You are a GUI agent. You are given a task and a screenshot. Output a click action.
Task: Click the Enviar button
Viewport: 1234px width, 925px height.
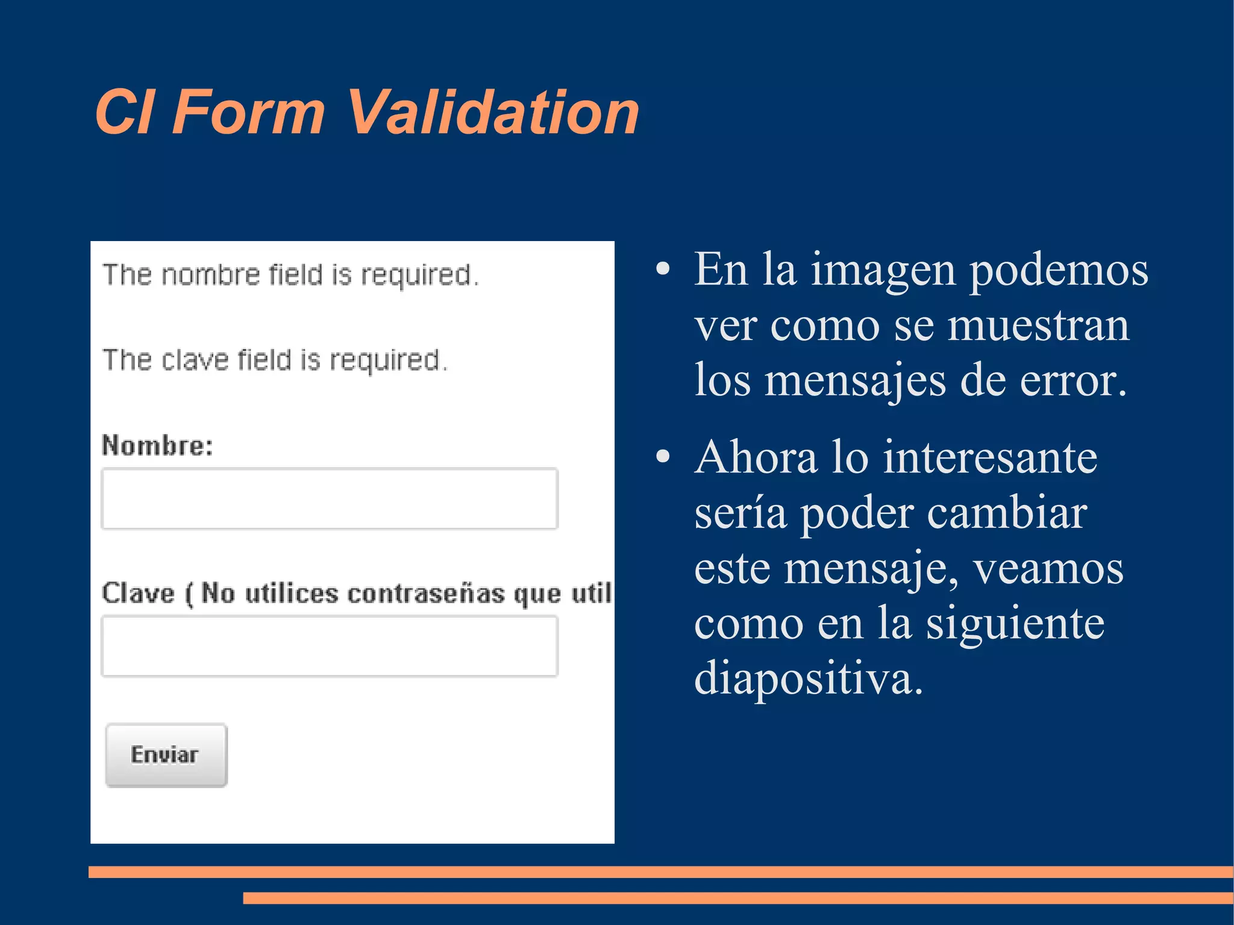point(166,755)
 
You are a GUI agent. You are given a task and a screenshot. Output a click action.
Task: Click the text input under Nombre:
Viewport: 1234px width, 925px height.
point(330,498)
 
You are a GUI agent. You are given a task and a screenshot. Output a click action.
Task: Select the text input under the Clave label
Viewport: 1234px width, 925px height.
point(330,646)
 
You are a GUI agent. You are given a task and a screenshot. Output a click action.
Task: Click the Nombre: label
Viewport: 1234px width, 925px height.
point(157,445)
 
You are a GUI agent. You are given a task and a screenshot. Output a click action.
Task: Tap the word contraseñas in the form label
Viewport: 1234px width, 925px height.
point(426,594)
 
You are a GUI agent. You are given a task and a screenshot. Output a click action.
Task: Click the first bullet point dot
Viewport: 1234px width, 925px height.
point(663,269)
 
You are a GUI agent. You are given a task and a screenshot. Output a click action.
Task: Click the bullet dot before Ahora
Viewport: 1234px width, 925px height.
point(663,457)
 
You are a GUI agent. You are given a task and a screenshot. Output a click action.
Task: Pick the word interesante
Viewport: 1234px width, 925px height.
point(990,457)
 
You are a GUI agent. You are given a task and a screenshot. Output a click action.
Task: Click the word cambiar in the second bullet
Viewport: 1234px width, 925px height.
point(1007,513)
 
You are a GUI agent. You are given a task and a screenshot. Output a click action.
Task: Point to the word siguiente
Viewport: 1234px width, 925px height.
point(1015,624)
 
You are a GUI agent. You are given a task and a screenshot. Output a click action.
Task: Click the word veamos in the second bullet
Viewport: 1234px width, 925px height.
point(1048,568)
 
